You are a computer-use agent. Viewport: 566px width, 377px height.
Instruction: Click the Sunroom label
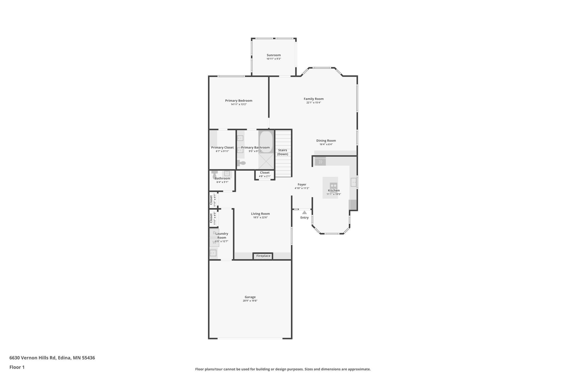point(273,55)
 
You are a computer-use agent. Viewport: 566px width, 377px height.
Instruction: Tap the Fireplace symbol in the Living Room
point(263,256)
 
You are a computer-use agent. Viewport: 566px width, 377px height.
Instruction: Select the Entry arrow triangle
point(304,212)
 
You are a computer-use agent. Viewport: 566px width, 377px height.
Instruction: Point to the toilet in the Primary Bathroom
point(241,163)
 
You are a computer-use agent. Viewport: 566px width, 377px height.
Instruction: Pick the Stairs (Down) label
point(282,152)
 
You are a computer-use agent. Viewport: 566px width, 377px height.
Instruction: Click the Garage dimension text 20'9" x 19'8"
point(250,301)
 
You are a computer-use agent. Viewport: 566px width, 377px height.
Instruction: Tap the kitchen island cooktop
point(333,186)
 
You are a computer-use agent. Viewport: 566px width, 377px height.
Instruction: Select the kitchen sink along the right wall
point(353,182)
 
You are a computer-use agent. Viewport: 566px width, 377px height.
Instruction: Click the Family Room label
point(313,99)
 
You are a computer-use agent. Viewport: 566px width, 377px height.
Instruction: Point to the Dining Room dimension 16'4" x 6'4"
point(326,144)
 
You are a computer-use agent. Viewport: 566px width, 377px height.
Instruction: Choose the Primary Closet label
point(222,147)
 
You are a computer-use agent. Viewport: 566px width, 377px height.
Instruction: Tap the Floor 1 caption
point(17,367)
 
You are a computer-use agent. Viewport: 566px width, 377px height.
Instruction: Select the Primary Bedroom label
point(239,101)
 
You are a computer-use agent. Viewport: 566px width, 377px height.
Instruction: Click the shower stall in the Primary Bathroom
point(266,161)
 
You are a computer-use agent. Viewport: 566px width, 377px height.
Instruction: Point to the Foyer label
point(302,184)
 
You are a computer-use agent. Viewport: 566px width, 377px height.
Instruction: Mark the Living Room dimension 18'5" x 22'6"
point(260,218)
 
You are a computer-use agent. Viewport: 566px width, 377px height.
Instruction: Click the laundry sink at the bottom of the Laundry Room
point(213,253)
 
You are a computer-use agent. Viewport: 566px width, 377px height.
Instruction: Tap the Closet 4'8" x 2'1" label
point(264,173)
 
